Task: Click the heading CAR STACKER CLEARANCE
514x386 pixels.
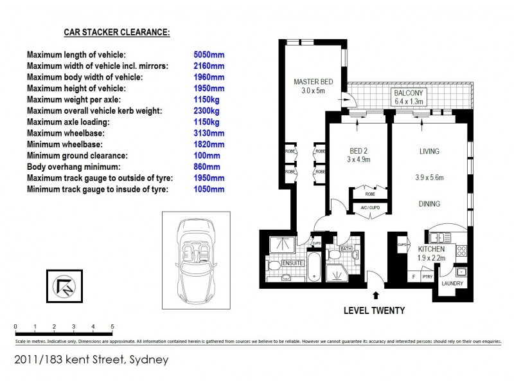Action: point(116,32)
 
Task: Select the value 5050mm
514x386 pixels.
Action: point(209,55)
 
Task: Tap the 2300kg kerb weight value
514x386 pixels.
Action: point(206,111)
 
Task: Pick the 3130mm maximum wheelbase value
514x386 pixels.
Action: point(209,133)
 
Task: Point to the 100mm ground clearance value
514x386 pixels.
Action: point(206,156)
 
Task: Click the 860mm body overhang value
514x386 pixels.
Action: point(206,167)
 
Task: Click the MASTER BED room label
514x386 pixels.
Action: point(314,82)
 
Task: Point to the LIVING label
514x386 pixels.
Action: point(429,152)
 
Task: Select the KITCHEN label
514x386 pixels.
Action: point(431,249)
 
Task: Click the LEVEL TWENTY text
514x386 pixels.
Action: point(374,311)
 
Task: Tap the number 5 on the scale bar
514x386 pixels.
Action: point(112,326)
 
